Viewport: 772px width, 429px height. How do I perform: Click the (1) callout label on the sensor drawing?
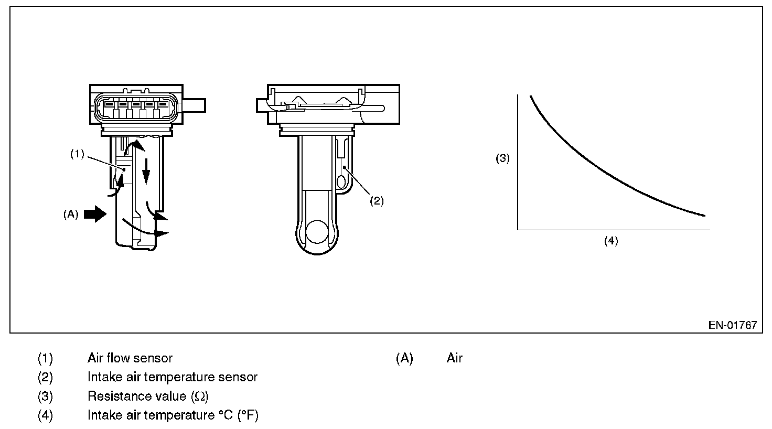[x=77, y=154]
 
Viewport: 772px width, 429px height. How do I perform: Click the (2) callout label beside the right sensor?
[x=378, y=200]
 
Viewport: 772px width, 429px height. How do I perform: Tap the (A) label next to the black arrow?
[x=71, y=214]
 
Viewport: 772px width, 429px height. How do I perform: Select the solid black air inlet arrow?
[x=95, y=214]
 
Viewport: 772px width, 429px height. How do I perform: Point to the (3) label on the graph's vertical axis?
[x=503, y=158]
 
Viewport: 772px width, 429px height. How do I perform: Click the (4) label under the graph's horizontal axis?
[x=611, y=241]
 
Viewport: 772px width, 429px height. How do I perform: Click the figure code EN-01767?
[x=732, y=325]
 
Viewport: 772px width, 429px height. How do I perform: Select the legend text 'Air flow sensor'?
[x=130, y=358]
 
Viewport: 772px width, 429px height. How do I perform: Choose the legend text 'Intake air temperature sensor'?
[x=173, y=377]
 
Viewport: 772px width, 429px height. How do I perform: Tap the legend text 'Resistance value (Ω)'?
[x=148, y=396]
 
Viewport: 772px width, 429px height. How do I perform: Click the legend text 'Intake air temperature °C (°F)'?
[x=173, y=415]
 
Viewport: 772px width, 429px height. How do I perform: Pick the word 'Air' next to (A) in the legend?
[x=455, y=358]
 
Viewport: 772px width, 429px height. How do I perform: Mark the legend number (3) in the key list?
[x=46, y=396]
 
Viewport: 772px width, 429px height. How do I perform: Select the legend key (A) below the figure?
[x=404, y=358]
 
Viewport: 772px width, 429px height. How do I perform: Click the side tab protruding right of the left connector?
[x=194, y=105]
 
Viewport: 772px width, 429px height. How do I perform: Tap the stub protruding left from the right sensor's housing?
[x=262, y=105]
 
